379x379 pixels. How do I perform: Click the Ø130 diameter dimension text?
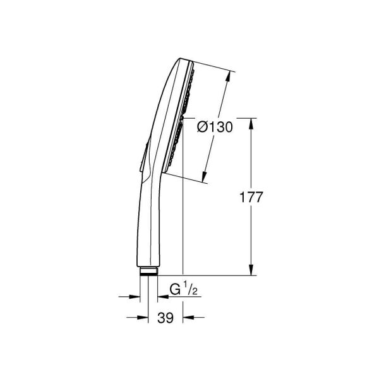[214, 127]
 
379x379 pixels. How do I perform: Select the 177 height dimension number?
[251, 197]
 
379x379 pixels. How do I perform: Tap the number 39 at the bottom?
[165, 318]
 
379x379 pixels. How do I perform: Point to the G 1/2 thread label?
[184, 292]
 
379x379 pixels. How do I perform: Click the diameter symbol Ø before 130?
[202, 127]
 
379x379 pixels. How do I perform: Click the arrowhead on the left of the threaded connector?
[135, 296]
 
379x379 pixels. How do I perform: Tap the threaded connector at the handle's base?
[148, 272]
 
